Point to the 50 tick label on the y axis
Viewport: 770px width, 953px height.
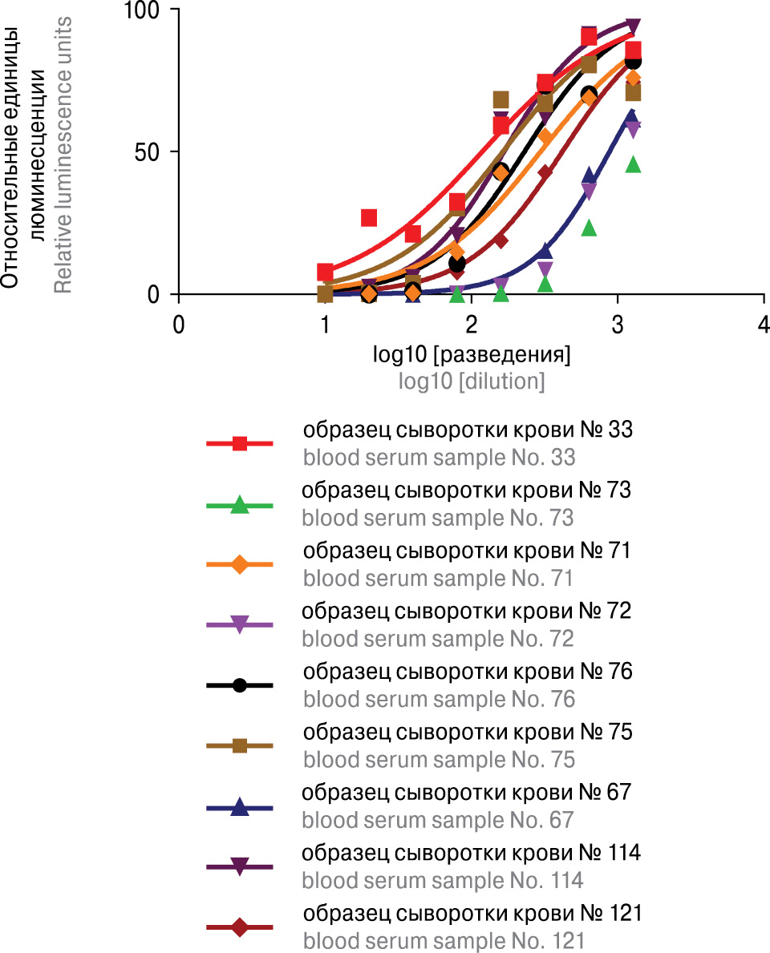pos(146,151)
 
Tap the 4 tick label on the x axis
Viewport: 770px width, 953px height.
pos(763,325)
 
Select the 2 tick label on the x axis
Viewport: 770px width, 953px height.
pos(471,325)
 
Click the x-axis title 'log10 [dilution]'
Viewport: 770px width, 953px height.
pos(472,382)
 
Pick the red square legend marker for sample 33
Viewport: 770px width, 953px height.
pos(239,443)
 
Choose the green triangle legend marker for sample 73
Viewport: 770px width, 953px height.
pos(239,506)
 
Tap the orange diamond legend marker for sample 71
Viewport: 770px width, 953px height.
pos(239,564)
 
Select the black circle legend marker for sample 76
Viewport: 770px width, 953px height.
pos(239,685)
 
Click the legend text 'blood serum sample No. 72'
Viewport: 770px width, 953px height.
pos(439,639)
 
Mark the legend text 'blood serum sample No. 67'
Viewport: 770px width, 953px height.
pos(439,820)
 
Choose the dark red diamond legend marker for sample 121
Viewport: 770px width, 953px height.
pos(239,927)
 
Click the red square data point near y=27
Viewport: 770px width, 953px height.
pos(369,217)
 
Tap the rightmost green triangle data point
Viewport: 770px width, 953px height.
pos(633,164)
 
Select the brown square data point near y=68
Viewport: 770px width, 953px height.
pos(500,100)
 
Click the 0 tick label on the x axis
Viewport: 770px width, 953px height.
pos(179,325)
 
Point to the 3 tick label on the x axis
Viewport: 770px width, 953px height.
pos(617,325)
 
